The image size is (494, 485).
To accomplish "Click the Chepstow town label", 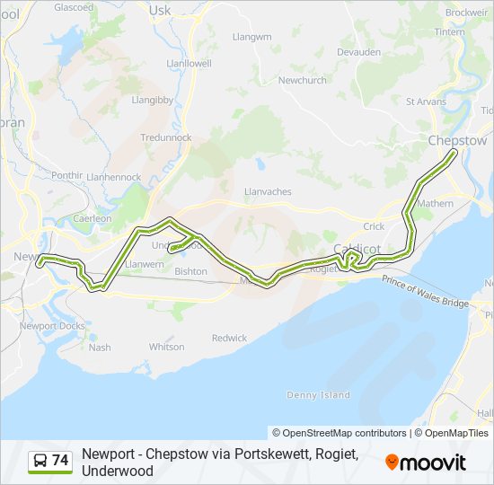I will pos(457,141).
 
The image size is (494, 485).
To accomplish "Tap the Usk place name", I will pos(160,10).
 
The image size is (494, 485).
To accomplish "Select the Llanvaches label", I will pos(268,192).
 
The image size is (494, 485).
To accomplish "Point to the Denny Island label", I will pos(318,395).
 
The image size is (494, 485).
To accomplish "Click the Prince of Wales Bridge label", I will pos(425,292).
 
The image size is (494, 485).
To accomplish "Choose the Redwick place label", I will pos(229,339).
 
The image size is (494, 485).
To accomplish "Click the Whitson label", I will pos(166,347).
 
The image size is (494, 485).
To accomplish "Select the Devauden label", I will pos(358,52).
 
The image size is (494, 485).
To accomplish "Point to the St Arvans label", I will pos(427,101).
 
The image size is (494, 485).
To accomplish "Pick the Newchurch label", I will pos(302,80).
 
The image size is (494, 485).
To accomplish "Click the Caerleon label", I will pos(93,218).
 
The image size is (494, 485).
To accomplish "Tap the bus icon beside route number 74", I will pos(40,461).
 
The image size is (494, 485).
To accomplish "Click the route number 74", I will pos(60,461).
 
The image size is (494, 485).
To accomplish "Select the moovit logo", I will pos(426,463).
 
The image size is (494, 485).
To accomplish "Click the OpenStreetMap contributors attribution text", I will pos(340,433).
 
